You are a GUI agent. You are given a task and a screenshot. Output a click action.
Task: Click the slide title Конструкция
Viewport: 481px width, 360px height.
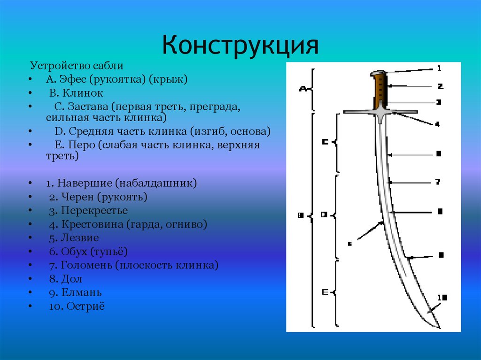[240, 46]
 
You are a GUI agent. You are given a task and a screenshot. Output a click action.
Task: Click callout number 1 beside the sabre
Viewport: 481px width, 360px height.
[439, 68]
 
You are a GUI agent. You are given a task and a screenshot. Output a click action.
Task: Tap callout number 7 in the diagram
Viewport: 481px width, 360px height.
[437, 182]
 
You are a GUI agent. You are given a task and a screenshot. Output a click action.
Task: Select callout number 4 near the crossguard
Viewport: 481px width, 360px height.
[437, 124]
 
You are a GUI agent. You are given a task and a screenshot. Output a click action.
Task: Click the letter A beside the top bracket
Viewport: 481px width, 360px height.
[303, 88]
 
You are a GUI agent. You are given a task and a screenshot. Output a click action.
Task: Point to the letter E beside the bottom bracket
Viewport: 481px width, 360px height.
[324, 292]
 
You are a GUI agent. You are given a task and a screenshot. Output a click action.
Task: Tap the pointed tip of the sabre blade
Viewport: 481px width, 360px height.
[439, 327]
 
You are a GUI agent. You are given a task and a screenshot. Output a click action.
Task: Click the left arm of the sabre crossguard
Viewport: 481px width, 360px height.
[357, 112]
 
